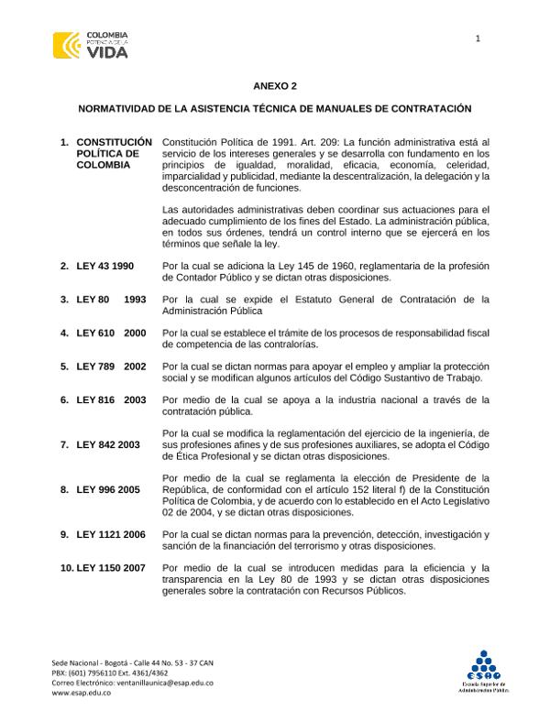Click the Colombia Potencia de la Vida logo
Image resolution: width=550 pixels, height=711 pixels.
coord(91,44)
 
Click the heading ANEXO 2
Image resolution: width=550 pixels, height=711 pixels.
coord(275,85)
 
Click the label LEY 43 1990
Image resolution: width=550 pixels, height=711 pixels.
coord(105,266)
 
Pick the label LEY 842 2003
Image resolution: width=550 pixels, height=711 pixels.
coord(108,444)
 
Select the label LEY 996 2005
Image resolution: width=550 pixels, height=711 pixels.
coord(108,489)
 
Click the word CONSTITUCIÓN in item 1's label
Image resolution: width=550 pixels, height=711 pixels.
coord(114,143)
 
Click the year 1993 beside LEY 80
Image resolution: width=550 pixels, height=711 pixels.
coord(135,300)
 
